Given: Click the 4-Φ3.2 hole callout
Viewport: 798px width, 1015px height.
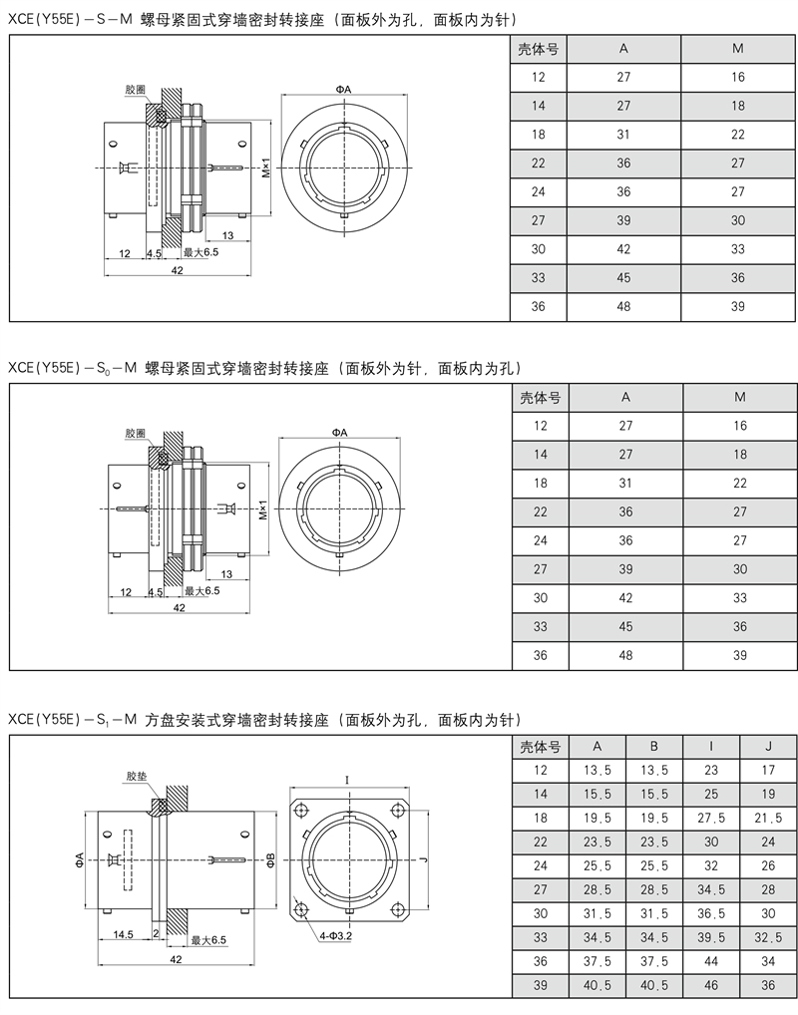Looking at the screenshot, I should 335,936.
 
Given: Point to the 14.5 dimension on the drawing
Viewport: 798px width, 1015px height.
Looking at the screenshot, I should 125,934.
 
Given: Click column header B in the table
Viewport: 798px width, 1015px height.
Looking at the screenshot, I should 653,747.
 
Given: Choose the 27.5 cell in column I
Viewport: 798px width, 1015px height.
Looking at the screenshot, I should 710,817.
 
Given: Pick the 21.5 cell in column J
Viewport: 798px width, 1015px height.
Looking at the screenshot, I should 767,817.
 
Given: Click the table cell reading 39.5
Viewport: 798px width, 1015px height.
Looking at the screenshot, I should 710,936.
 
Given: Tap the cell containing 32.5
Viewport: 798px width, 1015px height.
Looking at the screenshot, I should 767,936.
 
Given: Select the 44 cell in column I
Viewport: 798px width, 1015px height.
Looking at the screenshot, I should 710,960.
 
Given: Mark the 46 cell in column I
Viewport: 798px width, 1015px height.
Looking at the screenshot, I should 710,984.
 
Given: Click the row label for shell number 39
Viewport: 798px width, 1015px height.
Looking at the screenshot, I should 540,984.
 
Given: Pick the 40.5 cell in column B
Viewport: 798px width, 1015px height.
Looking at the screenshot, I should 653,984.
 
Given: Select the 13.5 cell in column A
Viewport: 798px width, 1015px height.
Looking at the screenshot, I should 597,770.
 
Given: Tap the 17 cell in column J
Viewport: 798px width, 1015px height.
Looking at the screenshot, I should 767,770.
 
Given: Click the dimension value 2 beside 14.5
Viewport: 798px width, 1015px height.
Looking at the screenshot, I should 156,934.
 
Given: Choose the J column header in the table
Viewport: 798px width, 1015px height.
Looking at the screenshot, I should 767,747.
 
